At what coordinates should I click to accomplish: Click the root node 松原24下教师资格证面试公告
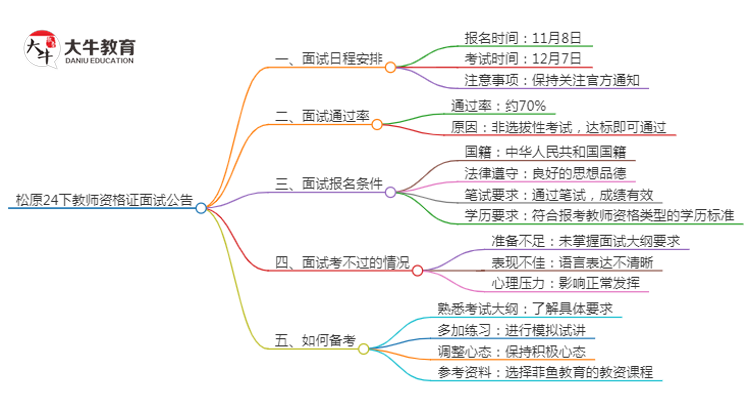99,200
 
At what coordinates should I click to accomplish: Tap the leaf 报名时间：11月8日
522,38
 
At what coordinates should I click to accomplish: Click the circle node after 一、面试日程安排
390,68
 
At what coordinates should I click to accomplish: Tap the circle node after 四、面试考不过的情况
417,269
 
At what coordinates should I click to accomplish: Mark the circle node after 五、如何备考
363,349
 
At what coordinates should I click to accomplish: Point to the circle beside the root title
201,208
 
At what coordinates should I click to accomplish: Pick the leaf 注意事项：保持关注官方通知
551,80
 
